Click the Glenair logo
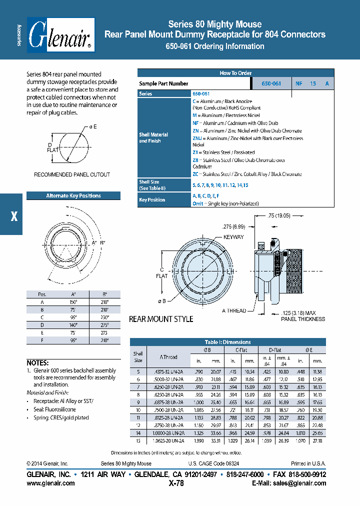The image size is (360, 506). [x=60, y=35]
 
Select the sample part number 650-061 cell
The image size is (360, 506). [x=271, y=83]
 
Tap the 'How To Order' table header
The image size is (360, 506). [x=235, y=73]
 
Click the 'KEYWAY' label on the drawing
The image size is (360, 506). [x=233, y=237]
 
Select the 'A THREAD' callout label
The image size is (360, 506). [x=234, y=310]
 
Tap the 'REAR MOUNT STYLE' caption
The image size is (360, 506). [x=161, y=319]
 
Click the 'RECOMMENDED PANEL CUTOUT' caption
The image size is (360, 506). [x=72, y=174]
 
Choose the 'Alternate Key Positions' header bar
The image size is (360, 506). [x=73, y=195]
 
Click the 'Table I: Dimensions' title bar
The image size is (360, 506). [x=227, y=342]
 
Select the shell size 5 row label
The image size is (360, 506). [x=138, y=371]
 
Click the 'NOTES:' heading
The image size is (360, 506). [x=37, y=362]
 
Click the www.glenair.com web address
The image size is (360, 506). [x=50, y=483]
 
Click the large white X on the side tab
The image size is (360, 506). [x=14, y=216]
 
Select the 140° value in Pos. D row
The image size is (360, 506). [x=73, y=324]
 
